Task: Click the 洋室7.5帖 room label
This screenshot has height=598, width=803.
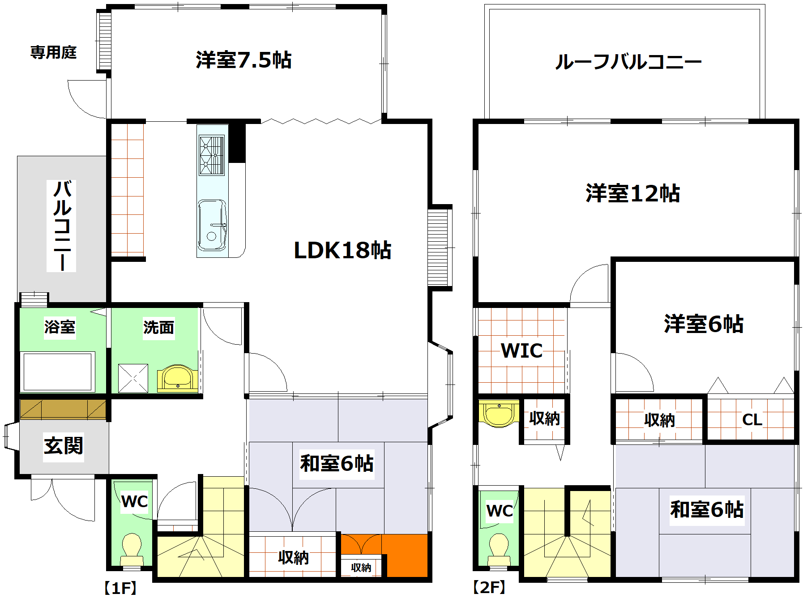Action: click(x=243, y=60)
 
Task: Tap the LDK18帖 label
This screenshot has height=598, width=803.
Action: click(x=342, y=250)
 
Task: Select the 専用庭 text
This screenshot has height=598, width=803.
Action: click(x=53, y=52)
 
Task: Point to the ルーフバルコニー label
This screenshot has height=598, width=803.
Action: click(x=628, y=62)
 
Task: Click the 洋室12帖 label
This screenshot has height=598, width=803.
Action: click(x=632, y=193)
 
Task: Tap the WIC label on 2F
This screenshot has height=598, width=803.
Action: click(x=522, y=350)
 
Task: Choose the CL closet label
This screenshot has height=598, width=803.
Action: click(x=752, y=420)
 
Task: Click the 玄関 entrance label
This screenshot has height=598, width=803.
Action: click(x=64, y=446)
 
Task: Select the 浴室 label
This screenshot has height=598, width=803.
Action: click(x=60, y=327)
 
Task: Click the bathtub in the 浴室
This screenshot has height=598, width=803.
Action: click(x=57, y=372)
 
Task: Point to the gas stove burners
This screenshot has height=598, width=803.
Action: click(x=211, y=156)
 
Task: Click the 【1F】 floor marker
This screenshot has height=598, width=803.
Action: click(x=120, y=588)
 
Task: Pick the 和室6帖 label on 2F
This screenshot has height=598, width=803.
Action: click(x=707, y=509)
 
